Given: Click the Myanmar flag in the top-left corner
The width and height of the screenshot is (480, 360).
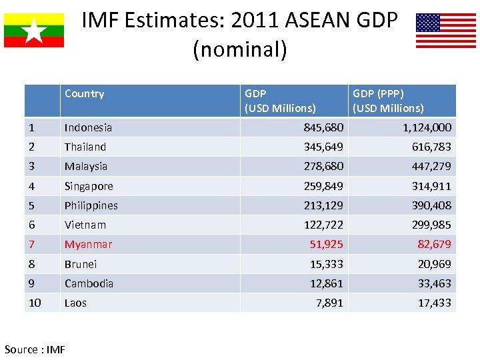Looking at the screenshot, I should pyautogui.click(x=34, y=30).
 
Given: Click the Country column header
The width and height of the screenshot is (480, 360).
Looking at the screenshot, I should pyautogui.click(x=84, y=94).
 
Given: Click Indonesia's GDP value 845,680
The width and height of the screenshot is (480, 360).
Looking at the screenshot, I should pyautogui.click(x=323, y=127).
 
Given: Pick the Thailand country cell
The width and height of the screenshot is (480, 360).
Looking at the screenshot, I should pyautogui.click(x=85, y=147).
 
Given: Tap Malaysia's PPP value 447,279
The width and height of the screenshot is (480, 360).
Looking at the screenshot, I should pyautogui.click(x=432, y=166).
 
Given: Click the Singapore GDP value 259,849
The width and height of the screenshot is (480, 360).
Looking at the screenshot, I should pyautogui.click(x=323, y=186).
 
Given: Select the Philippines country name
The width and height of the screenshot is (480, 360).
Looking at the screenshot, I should pyautogui.click(x=91, y=205).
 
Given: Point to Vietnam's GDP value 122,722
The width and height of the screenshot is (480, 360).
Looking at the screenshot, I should pyautogui.click(x=323, y=225).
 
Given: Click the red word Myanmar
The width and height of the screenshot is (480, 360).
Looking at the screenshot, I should pyautogui.click(x=88, y=245).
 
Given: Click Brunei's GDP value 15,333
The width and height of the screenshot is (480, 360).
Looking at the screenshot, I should pyautogui.click(x=327, y=264).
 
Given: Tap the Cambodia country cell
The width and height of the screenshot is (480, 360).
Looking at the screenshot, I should pyautogui.click(x=89, y=283).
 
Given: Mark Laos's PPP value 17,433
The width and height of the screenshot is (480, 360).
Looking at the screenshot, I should pyautogui.click(x=435, y=303).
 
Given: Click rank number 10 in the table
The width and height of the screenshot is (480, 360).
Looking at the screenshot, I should pyautogui.click(x=35, y=303).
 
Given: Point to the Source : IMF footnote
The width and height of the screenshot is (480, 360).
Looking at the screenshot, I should pyautogui.click(x=35, y=349).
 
